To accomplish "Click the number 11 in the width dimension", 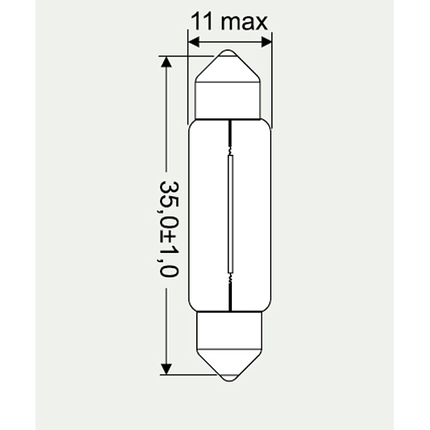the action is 202,21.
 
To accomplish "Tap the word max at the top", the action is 244,22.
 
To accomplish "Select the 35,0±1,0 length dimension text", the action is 169,229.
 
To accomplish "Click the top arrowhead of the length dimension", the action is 166,62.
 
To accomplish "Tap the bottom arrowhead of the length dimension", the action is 166,369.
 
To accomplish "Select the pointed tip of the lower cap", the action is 230,381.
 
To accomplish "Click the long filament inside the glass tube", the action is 230,214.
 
